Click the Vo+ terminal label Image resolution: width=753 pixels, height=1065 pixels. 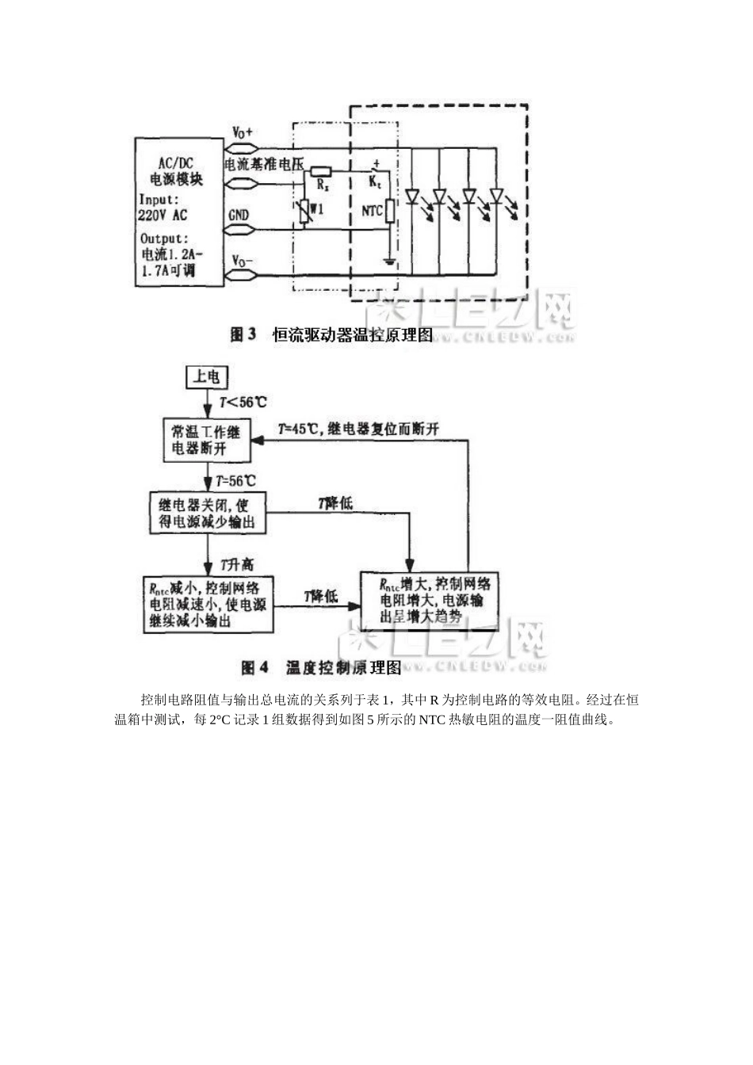(x=242, y=133)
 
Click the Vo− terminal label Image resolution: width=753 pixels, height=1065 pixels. (x=243, y=261)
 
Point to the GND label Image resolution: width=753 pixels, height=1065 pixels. (x=239, y=215)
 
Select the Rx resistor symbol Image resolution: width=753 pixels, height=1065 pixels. (x=320, y=171)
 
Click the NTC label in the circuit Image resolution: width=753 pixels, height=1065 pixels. (x=372, y=212)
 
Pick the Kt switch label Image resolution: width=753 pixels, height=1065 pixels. (x=375, y=183)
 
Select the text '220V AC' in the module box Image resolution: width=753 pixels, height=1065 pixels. (x=163, y=215)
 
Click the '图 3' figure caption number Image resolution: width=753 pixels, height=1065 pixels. (x=243, y=335)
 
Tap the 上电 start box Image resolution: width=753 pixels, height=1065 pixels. (x=206, y=376)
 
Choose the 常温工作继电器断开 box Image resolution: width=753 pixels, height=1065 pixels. (x=206, y=441)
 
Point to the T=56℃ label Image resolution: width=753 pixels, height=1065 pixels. (x=237, y=480)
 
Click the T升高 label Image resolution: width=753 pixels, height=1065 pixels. (x=237, y=564)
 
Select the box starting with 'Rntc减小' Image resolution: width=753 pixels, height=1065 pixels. (x=208, y=605)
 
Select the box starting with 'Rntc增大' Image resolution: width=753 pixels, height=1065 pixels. (x=435, y=600)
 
